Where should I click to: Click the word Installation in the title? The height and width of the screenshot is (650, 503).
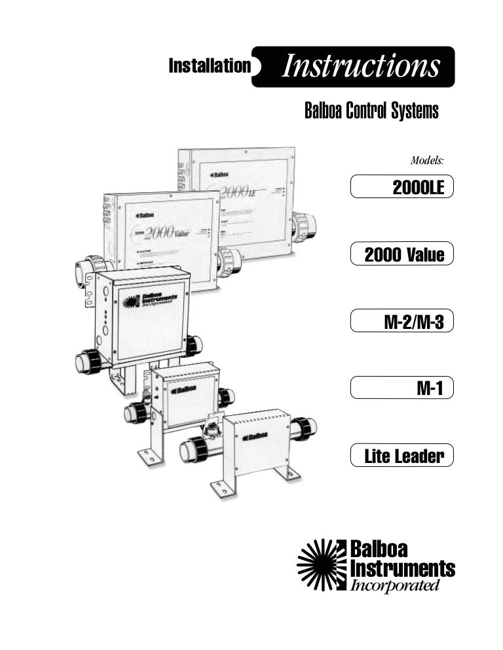(x=210, y=66)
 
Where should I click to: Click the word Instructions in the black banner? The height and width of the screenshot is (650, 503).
(x=361, y=67)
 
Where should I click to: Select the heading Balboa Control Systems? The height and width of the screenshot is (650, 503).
(x=371, y=111)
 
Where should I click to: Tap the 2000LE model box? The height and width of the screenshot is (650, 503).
(x=401, y=188)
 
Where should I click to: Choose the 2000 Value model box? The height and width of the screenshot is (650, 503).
(x=401, y=254)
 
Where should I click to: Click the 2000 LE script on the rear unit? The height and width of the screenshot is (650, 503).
(x=242, y=190)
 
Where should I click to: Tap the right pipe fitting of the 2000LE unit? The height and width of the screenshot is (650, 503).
(x=305, y=225)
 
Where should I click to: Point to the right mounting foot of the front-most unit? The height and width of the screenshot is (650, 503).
(x=288, y=473)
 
